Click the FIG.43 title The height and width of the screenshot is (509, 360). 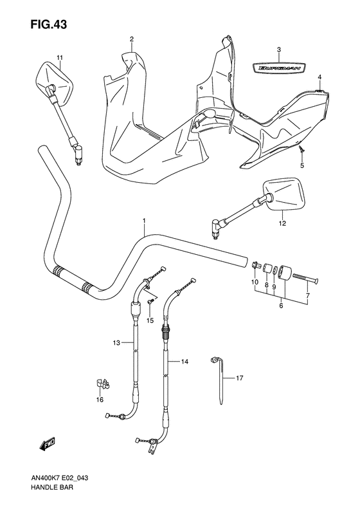48,24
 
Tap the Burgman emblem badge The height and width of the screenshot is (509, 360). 279,68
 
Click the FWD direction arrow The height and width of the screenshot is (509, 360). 47,443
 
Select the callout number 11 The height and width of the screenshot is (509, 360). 59,58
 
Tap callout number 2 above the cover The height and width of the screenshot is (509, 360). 132,39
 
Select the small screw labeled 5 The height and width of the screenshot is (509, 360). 301,149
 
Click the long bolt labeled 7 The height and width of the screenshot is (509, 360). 305,278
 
